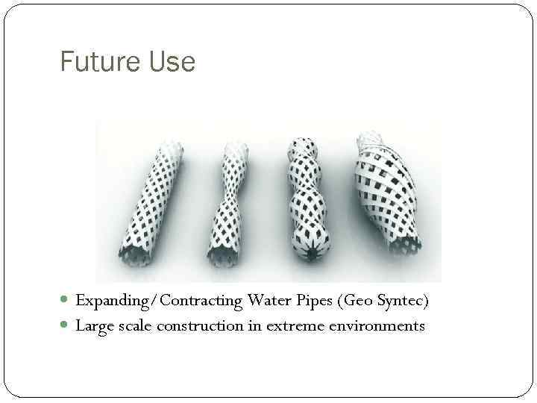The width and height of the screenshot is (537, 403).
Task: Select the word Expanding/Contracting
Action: point(159,302)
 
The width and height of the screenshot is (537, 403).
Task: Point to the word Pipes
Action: point(313,302)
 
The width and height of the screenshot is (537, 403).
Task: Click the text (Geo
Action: point(355,302)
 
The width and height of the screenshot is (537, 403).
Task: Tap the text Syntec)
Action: point(403,302)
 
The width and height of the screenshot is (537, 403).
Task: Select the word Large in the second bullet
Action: point(93,326)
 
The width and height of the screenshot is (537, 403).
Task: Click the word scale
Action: point(131,325)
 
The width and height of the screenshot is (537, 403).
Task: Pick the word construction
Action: point(197,325)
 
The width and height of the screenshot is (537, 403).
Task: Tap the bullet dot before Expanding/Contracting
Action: point(66,302)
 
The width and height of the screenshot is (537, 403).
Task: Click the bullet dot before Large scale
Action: point(66,326)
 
